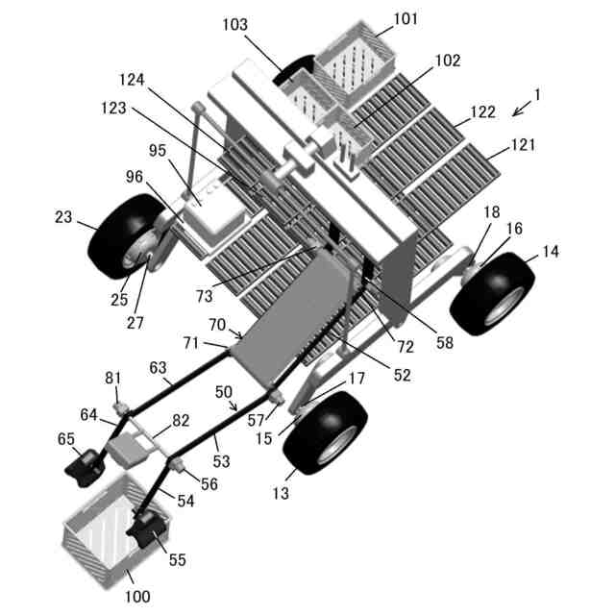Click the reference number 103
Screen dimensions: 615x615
tap(235, 25)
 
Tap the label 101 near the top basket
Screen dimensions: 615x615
tap(406, 18)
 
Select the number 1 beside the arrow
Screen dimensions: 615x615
tap(537, 94)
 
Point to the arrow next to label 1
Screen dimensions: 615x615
tap(522, 109)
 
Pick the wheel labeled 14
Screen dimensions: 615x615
tap(492, 293)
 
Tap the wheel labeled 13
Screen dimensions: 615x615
tap(325, 432)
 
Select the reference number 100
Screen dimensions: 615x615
tap(137, 597)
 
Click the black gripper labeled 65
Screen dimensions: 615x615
tap(86, 468)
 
